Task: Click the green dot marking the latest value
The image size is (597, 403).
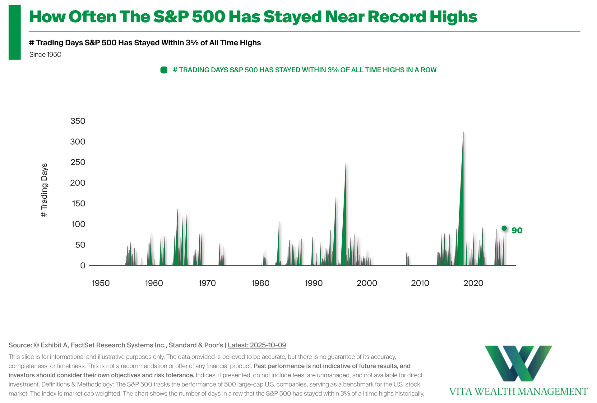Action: [x=504, y=229]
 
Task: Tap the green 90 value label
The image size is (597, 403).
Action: [x=517, y=230]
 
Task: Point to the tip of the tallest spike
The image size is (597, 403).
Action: [x=463, y=132]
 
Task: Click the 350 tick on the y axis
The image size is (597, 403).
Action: [x=78, y=121]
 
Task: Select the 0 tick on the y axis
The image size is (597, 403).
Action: [x=82, y=265]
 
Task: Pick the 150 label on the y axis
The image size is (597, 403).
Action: [x=78, y=204]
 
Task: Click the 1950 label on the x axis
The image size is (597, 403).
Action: [x=101, y=283]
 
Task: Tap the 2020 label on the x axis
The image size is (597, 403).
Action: [x=473, y=283]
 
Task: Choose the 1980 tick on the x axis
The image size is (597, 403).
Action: [x=260, y=283]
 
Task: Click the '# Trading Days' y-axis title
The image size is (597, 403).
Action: [x=44, y=190]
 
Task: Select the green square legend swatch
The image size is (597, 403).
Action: [x=164, y=70]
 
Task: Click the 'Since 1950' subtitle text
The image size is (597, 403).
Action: [x=45, y=55]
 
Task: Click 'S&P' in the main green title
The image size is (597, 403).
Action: [x=170, y=17]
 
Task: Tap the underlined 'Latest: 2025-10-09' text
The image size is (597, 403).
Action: [x=257, y=345]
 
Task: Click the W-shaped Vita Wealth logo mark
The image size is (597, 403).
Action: [x=518, y=363]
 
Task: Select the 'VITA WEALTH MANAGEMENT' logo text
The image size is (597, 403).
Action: [x=518, y=392]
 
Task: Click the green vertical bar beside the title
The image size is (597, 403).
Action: [x=15, y=32]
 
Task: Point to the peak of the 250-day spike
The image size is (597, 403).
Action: [x=346, y=163]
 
